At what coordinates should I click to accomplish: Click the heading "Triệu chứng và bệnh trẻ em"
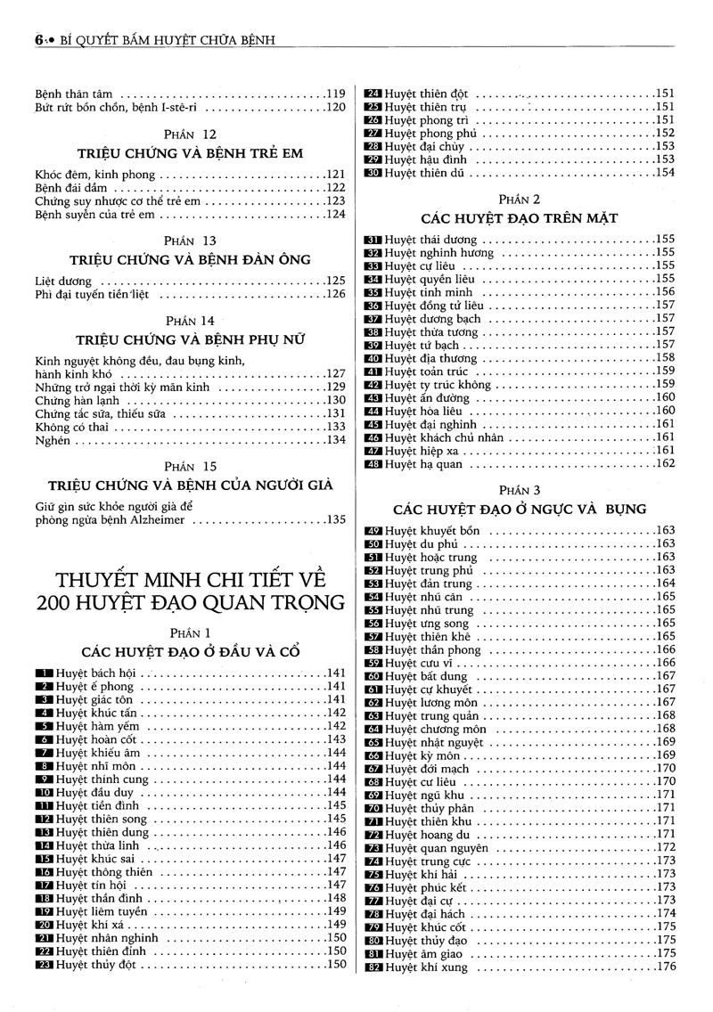(190, 153)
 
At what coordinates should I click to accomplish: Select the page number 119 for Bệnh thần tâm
(335, 94)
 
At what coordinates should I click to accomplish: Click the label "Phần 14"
(190, 320)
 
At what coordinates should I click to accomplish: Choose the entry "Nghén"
(53, 439)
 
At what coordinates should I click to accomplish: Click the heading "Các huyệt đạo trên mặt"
(520, 217)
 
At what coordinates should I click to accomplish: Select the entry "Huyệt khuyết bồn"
(432, 531)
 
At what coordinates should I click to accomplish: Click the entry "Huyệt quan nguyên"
(437, 848)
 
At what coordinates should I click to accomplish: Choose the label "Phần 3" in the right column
(520, 490)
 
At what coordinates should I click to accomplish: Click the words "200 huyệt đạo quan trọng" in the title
(190, 602)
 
